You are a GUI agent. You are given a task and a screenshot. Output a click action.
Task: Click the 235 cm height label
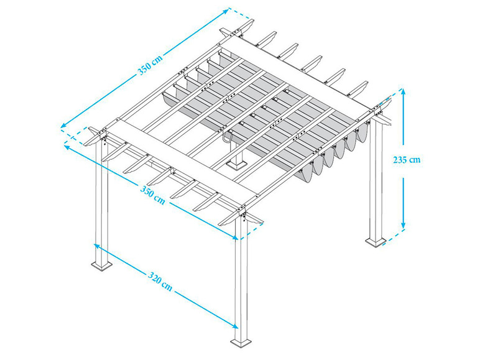[407, 160]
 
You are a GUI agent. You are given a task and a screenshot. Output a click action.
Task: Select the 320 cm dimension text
[160, 282]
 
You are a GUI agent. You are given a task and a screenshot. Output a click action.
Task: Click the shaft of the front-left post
[102, 199]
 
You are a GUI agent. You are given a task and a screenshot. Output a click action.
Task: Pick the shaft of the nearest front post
[241, 280]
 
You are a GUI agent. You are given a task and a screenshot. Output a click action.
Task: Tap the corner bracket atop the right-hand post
[377, 112]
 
